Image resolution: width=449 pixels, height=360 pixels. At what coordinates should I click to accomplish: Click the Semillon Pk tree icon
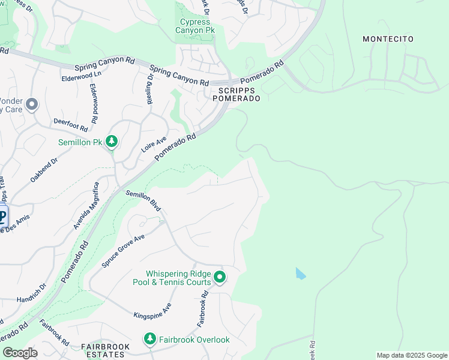click(112, 141)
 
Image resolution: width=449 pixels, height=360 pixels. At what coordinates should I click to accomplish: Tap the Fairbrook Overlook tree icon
click(149, 339)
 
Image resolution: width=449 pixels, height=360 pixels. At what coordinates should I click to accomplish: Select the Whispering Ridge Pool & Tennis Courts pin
click(220, 277)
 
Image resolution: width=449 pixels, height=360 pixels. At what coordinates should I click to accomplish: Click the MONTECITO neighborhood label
click(388, 39)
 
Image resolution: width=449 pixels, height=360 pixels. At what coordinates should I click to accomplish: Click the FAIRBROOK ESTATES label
click(103, 351)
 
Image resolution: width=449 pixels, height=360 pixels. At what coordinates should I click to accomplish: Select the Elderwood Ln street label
click(81, 78)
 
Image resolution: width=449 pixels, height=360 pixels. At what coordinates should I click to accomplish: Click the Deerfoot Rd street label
click(71, 124)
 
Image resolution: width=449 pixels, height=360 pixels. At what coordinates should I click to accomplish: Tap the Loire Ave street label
click(154, 144)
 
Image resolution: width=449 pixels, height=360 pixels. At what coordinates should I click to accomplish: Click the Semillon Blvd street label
click(143, 200)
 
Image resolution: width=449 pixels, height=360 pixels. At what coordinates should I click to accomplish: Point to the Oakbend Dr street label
click(44, 170)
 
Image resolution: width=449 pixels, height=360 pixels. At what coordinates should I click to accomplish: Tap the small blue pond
click(300, 274)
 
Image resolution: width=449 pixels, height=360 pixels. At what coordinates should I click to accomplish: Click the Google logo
click(19, 353)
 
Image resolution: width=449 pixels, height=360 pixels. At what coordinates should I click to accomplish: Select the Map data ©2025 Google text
click(411, 355)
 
